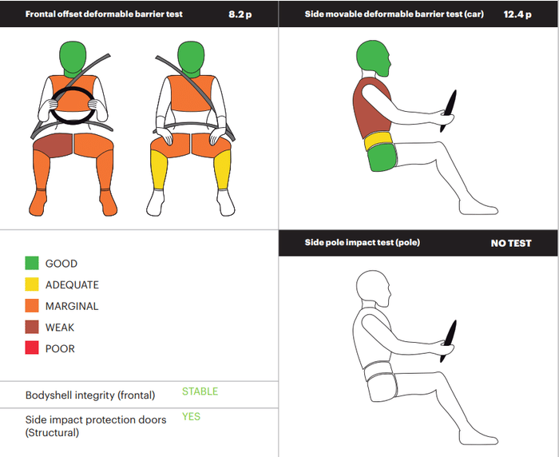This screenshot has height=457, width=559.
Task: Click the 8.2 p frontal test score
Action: coord(240,14)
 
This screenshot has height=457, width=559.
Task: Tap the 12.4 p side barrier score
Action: coord(517,14)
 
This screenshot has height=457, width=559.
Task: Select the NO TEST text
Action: coord(511,244)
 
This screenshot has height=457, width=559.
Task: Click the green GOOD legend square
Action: coord(32,264)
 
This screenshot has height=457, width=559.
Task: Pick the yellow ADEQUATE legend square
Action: coord(32,284)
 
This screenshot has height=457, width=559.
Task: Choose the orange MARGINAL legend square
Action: coord(32,306)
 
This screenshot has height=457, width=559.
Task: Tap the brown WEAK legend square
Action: coord(32,327)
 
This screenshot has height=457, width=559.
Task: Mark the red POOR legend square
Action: coord(32,348)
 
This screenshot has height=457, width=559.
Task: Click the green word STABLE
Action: coord(200,391)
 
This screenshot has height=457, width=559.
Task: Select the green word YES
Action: coord(191,416)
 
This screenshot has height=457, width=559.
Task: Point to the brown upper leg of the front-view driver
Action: coord(54,145)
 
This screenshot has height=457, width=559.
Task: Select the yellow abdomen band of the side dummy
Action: coord(377,141)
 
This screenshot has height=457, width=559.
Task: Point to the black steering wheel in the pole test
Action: coord(449,341)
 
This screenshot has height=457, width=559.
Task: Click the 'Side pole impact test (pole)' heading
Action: coord(363,243)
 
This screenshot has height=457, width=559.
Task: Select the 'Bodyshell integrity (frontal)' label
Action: coord(90,395)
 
